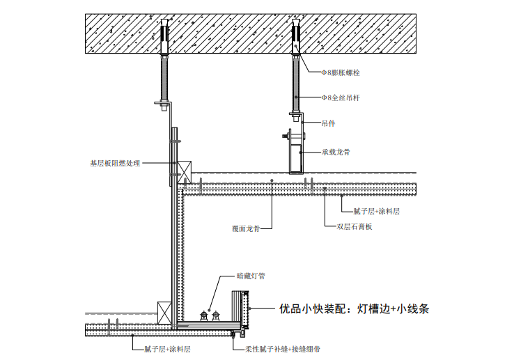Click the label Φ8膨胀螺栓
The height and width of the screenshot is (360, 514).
341,72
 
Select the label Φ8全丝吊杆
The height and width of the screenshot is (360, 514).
341,97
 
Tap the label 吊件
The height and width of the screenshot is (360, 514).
328,123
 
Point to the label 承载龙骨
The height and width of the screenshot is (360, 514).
336,152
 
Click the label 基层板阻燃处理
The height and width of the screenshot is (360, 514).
115,163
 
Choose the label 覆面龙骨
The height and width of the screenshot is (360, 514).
246,228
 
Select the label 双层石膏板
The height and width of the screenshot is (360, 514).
355,226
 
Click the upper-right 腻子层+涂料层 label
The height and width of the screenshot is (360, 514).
377,211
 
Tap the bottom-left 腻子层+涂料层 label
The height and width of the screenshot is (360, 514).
168,349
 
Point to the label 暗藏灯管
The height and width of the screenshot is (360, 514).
251,276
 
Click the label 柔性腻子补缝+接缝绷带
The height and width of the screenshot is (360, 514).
283,349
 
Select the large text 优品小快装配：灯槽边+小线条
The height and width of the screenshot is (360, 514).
354,308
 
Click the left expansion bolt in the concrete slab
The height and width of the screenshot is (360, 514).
164,37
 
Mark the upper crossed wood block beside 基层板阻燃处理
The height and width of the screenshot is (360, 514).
185,173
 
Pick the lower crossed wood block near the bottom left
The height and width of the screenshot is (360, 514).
164,313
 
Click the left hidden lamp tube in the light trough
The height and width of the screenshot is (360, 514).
204,315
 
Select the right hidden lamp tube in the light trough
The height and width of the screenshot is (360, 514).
216,315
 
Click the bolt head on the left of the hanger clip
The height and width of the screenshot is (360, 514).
285,135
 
